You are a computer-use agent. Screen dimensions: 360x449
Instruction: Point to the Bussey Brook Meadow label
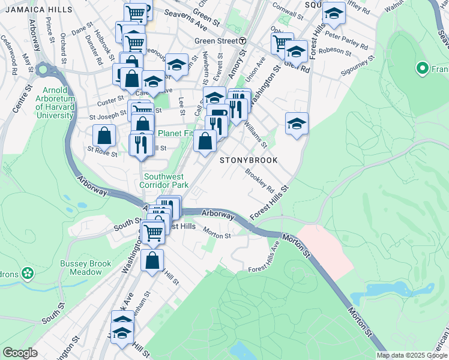click(x=81, y=268)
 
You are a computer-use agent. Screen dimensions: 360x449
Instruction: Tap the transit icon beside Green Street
click(x=243, y=40)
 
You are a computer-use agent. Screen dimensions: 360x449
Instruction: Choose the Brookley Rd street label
click(x=259, y=181)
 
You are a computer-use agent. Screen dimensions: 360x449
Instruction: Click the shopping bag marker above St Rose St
click(x=104, y=136)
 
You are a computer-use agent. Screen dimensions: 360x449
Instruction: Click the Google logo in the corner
click(x=20, y=353)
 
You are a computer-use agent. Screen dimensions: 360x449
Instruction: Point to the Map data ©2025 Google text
click(x=412, y=355)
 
